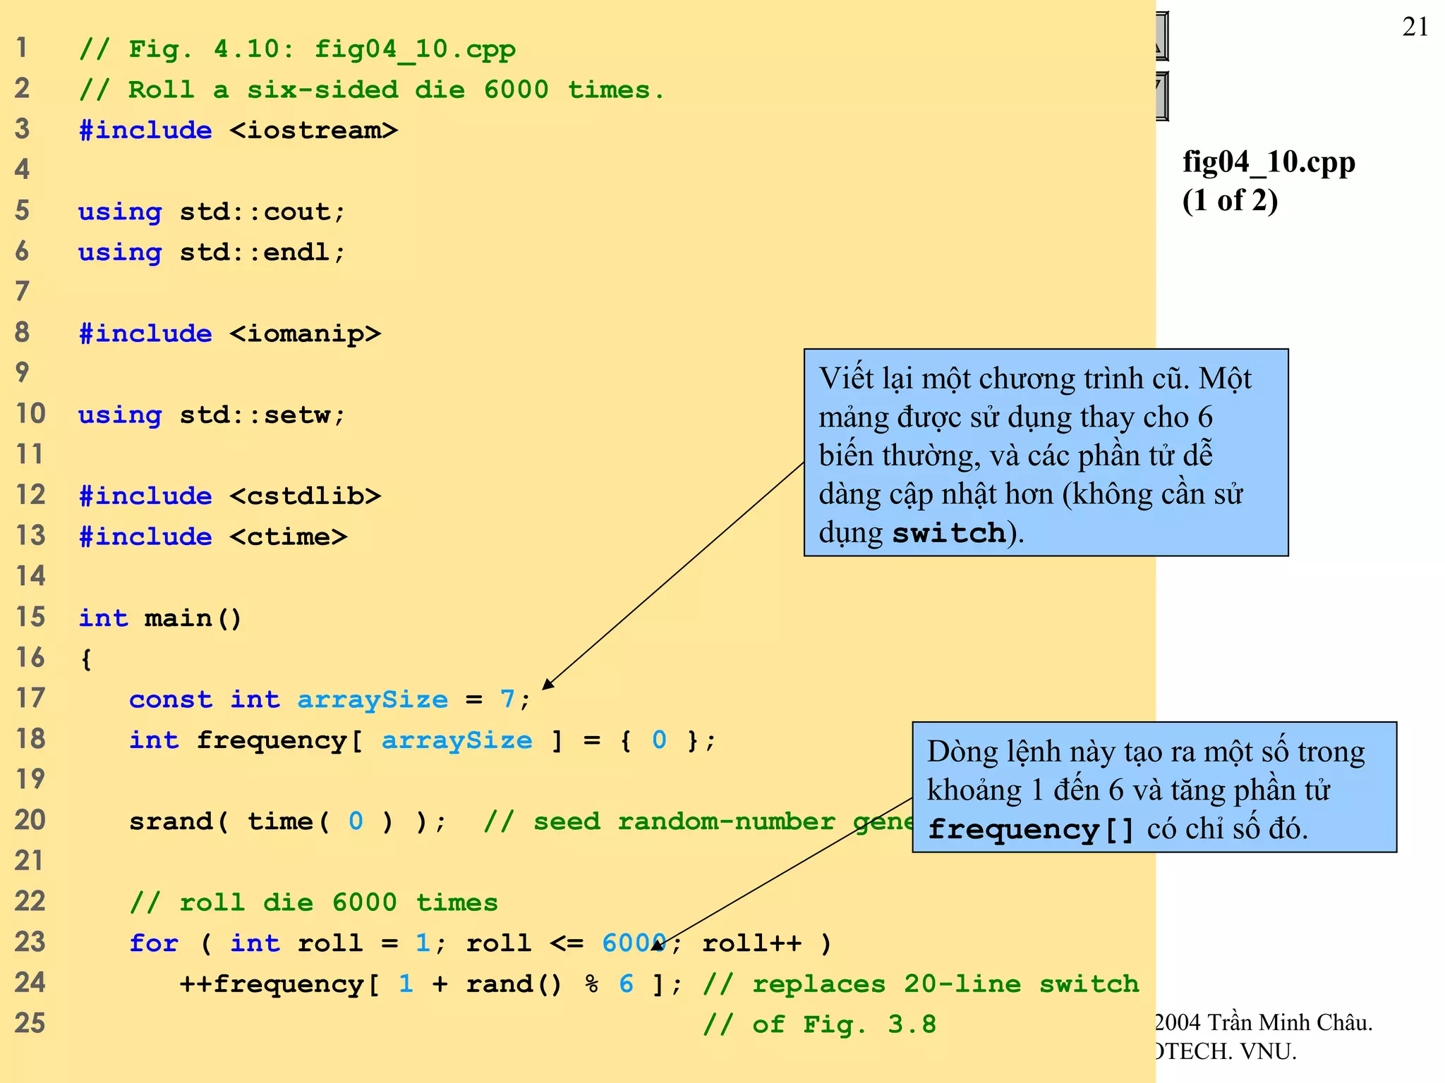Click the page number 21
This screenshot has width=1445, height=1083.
pyautogui.click(x=1415, y=27)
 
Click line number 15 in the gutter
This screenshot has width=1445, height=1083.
pyautogui.click(x=30, y=617)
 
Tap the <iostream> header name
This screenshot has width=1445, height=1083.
pyautogui.click(x=313, y=130)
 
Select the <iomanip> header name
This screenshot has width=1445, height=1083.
pyautogui.click(x=305, y=334)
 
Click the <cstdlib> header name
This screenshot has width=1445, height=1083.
pyautogui.click(x=305, y=496)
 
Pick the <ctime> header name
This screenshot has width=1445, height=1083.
pyautogui.click(x=288, y=537)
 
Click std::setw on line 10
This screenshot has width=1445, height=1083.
pyautogui.click(x=262, y=415)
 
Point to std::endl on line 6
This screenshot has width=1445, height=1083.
pyautogui.click(x=262, y=252)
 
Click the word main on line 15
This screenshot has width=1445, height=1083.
pyautogui.click(x=178, y=618)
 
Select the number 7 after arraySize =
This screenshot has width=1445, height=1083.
pyautogui.click(x=507, y=699)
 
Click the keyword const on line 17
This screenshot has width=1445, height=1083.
pyautogui.click(x=170, y=699)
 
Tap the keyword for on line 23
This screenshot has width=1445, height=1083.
pyautogui.click(x=154, y=943)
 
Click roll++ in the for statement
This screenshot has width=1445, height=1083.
pyautogui.click(x=751, y=943)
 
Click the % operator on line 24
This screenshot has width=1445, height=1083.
pyautogui.click(x=592, y=984)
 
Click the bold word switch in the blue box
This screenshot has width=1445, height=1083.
pyautogui.click(x=949, y=533)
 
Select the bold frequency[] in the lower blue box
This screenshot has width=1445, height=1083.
pyautogui.click(x=1030, y=829)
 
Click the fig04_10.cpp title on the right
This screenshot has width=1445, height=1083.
pyautogui.click(x=1269, y=162)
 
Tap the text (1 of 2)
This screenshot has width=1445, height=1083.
pyautogui.click(x=1230, y=200)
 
